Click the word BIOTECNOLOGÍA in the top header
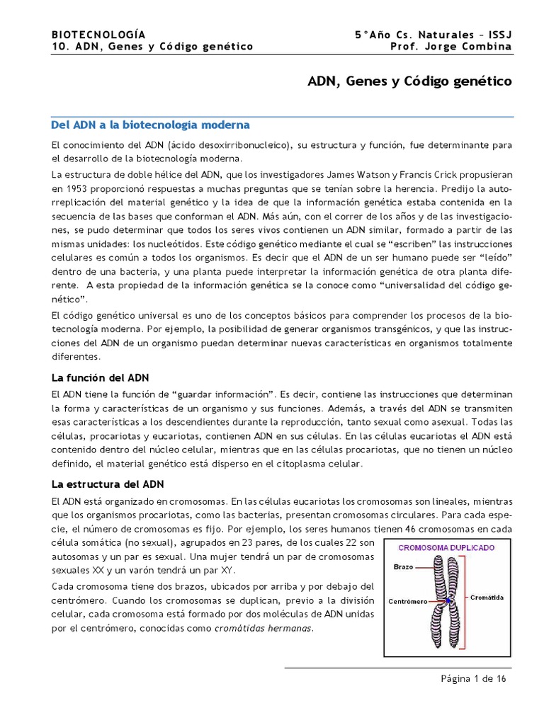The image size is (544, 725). point(98,34)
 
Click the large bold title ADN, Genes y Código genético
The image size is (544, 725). point(409,81)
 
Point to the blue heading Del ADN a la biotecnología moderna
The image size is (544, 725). point(151,125)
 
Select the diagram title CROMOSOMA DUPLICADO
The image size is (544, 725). point(446,547)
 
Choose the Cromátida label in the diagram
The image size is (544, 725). point(487,597)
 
